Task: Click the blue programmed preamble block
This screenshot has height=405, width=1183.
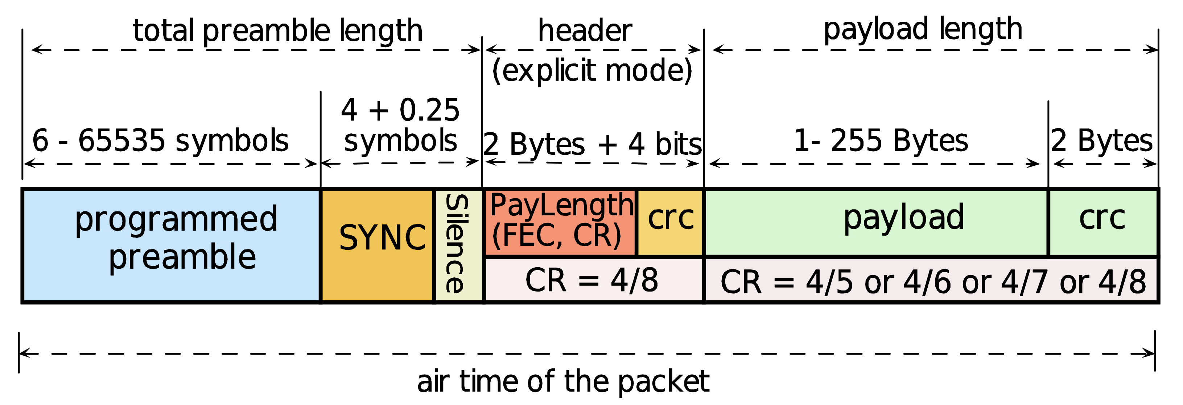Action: click(x=171, y=245)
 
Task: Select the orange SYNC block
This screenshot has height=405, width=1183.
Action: click(x=378, y=245)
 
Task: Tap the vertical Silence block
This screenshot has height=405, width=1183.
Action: click(x=458, y=245)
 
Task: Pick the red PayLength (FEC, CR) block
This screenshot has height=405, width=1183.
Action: click(x=560, y=223)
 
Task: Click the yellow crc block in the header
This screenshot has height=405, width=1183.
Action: click(x=671, y=223)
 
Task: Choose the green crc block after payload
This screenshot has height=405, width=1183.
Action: click(x=1102, y=222)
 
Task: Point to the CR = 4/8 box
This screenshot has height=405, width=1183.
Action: click(x=593, y=280)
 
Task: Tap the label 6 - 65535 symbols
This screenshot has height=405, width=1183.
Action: click(x=161, y=141)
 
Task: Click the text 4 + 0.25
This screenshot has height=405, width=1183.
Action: click(x=400, y=110)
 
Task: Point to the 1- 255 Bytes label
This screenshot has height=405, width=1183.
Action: click(x=881, y=141)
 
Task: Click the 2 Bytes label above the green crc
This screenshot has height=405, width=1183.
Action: click(x=1102, y=141)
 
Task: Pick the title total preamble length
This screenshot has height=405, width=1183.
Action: click(x=278, y=31)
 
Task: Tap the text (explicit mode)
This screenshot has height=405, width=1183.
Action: click(x=593, y=71)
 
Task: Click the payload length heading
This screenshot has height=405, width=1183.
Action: click(x=923, y=29)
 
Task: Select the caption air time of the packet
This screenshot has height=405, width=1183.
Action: click(x=563, y=381)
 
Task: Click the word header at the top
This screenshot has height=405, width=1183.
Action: click(x=585, y=31)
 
